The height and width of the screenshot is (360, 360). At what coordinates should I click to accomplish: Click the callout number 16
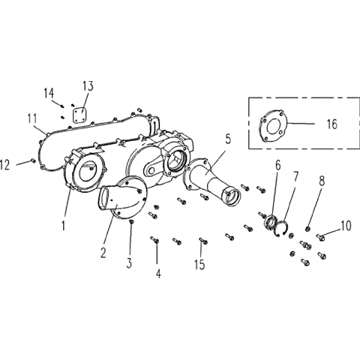(332, 124)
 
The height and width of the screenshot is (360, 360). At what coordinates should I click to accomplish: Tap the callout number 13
(88, 85)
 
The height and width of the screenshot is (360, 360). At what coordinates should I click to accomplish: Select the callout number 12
(5, 165)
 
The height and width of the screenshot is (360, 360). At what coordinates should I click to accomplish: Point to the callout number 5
(228, 139)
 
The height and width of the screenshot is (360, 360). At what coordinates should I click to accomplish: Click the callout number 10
(346, 226)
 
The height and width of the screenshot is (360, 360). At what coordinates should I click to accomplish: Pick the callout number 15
(199, 264)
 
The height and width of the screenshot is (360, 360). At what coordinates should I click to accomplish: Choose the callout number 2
(103, 253)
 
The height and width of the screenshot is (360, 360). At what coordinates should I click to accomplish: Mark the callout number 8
(322, 181)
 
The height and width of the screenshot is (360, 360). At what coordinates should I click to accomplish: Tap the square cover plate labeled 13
(79, 115)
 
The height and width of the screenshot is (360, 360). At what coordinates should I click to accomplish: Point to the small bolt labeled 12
(32, 160)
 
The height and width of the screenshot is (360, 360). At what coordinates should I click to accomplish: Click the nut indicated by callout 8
(307, 228)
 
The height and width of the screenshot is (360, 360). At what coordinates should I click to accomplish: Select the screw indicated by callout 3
(131, 221)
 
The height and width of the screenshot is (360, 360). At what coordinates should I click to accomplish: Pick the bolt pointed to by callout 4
(154, 240)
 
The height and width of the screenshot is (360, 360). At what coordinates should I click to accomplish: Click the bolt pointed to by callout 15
(203, 241)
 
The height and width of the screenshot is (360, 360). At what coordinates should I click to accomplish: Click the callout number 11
(32, 118)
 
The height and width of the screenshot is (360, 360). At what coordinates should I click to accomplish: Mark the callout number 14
(49, 93)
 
